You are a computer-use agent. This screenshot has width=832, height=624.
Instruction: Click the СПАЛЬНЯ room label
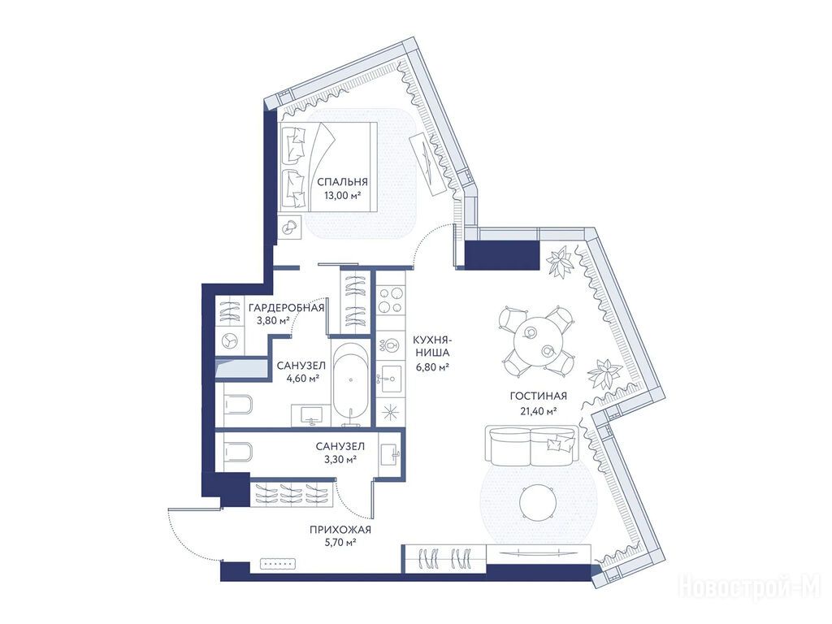point(342,182)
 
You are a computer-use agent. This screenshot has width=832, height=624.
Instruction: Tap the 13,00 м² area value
point(342,195)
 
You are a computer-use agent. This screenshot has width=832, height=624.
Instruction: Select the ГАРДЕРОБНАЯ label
point(286,308)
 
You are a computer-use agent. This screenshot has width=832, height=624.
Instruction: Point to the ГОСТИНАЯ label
point(538,396)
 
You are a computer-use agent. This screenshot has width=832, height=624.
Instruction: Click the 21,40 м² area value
point(538,410)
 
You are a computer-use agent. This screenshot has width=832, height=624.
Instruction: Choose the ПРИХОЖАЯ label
point(340,529)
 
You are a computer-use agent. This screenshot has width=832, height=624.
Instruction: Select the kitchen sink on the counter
point(391,378)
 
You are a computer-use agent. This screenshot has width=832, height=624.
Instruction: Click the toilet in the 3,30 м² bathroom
point(236,453)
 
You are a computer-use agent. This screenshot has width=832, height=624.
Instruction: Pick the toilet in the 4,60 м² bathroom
point(236,406)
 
